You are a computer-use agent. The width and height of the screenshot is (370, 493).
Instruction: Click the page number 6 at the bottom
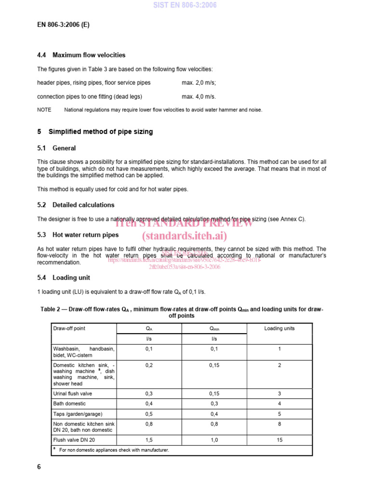(x=39, y=467)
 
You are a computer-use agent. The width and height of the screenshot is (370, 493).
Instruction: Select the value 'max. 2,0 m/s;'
(x=199, y=83)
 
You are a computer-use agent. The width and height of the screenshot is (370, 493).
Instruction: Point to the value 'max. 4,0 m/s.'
(x=199, y=96)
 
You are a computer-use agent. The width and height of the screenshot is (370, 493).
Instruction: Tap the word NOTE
(x=44, y=110)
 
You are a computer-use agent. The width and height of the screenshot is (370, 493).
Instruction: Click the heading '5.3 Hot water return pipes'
(x=78, y=235)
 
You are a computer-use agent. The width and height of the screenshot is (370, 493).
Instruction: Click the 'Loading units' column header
(x=279, y=328)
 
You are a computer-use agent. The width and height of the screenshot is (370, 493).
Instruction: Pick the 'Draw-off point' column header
(x=69, y=328)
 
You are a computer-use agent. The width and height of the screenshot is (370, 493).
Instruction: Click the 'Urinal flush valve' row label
(x=73, y=393)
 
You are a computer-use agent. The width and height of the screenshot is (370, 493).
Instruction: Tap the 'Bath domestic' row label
(x=69, y=403)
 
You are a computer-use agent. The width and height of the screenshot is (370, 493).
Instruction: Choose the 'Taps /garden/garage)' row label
(x=78, y=414)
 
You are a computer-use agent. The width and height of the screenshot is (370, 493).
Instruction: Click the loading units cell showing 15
(x=279, y=440)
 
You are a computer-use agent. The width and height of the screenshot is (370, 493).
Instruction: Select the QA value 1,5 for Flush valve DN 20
(x=149, y=440)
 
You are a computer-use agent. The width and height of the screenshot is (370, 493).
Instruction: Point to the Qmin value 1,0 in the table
(x=214, y=440)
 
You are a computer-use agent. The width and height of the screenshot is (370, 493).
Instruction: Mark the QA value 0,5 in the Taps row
(x=149, y=414)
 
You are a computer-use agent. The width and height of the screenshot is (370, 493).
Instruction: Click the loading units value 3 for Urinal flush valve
(x=279, y=393)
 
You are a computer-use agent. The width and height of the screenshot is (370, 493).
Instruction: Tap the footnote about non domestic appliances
(x=114, y=450)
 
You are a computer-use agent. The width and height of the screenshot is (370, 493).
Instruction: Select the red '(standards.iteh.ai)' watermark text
(x=185, y=236)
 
